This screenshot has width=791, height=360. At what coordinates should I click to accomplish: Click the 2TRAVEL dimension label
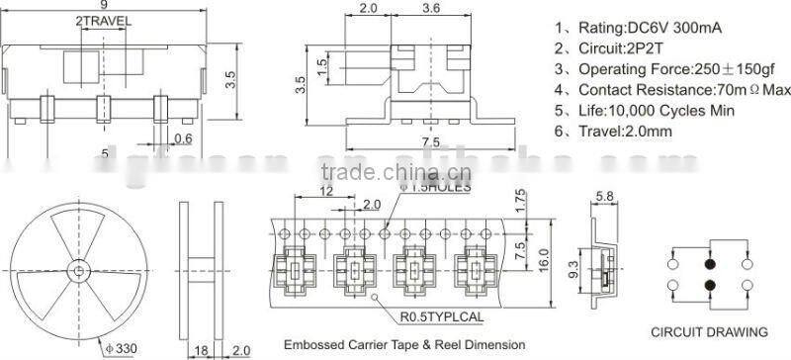click(x=102, y=21)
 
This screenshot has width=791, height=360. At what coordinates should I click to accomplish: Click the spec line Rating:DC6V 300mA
click(x=652, y=29)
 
